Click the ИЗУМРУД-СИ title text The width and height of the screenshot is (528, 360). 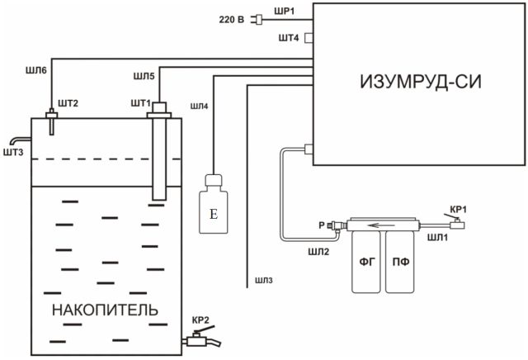tap(421, 82)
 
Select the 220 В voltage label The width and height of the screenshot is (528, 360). tap(232, 20)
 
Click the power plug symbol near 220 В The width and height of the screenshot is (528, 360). tap(257, 20)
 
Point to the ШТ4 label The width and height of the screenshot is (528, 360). tap(289, 38)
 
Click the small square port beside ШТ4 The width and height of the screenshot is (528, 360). tap(309, 38)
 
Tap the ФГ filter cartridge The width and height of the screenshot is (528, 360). tap(366, 262)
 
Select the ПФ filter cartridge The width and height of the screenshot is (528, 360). tap(400, 262)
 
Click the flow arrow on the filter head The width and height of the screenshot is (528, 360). tap(381, 225)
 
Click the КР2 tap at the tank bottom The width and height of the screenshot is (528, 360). tap(201, 338)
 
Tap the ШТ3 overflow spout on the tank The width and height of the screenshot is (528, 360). tap(20, 140)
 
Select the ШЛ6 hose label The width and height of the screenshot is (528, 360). tap(36, 70)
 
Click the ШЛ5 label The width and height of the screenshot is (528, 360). tap(144, 77)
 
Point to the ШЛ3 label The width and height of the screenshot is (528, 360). tap(264, 281)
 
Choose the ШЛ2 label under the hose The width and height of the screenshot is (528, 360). tap(318, 252)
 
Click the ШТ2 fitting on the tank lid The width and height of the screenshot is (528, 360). tap(51, 121)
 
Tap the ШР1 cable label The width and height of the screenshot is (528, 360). tap(284, 12)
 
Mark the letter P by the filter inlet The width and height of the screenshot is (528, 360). tap(322, 225)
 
